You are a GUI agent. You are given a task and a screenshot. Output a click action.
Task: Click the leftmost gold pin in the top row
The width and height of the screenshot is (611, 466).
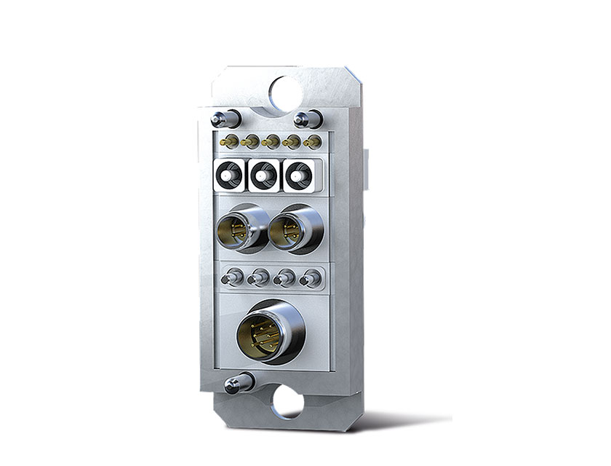[228, 141]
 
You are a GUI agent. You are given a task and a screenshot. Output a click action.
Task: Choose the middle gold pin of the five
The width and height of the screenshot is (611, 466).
[271, 141]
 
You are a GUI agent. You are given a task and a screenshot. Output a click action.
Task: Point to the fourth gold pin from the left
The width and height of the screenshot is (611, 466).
[292, 141]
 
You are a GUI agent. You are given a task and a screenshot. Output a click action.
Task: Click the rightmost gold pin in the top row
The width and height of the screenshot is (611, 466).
[313, 141]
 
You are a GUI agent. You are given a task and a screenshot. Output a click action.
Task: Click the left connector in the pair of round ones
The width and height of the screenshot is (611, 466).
[239, 230]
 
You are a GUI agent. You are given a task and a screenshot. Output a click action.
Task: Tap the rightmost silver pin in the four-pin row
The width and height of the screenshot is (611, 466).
[311, 277]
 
